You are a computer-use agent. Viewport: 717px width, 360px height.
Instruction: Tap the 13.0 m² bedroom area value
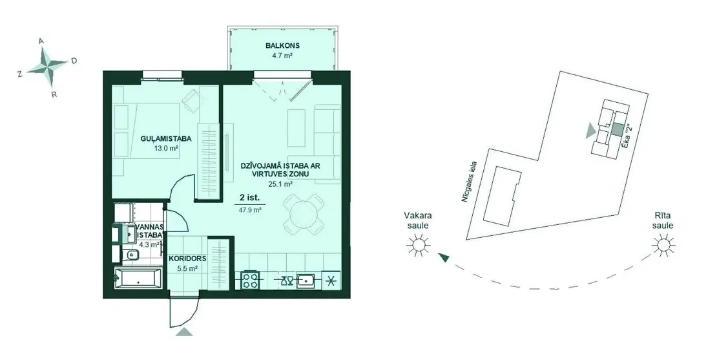[x=165, y=148]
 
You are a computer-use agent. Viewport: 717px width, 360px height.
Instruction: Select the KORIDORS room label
[x=187, y=259]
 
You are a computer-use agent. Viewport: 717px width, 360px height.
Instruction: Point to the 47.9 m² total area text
[x=250, y=210]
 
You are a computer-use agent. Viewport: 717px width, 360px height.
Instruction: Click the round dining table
[x=304, y=214]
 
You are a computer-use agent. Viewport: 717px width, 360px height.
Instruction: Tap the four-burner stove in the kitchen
[x=251, y=280]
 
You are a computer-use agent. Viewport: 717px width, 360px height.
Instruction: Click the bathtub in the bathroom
[x=138, y=279]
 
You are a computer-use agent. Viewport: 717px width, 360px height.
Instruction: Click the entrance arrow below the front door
[x=184, y=332]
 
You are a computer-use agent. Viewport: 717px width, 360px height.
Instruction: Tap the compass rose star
[x=48, y=67]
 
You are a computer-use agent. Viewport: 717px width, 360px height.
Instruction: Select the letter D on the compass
[x=74, y=61]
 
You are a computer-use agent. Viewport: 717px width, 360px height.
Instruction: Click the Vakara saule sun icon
[x=418, y=245]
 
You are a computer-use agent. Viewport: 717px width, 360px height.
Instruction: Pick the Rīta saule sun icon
[x=663, y=245]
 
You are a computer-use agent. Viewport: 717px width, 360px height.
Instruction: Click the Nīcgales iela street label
[x=469, y=182]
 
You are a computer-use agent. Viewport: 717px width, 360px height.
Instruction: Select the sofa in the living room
[x=327, y=144]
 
